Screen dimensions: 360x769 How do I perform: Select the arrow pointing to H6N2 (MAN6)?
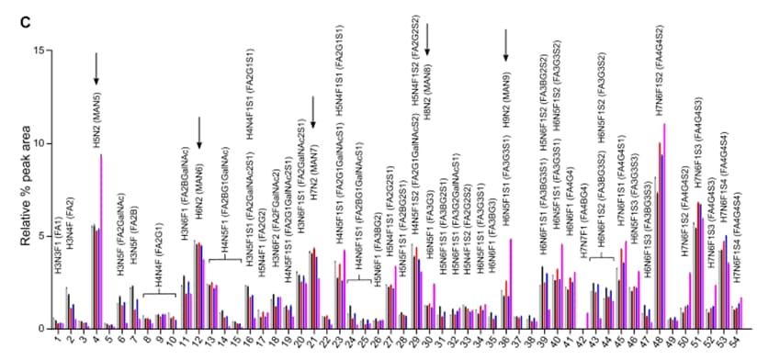tap(199, 130)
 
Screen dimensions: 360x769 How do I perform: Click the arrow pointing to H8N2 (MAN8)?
tap(427, 41)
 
